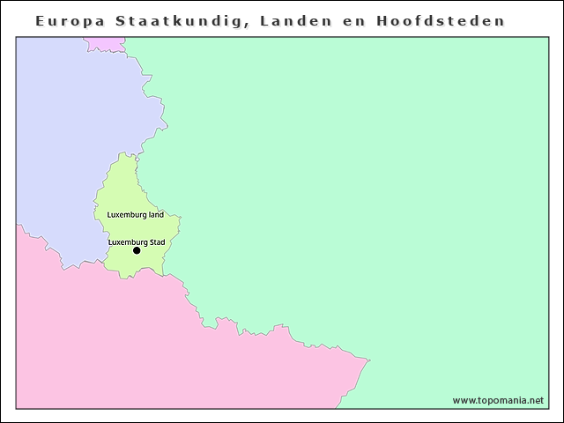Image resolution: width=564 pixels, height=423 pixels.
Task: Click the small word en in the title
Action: coord(352,20)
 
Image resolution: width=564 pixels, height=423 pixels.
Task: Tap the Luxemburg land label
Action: coord(135,214)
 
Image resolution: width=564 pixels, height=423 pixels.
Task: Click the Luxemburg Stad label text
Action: coord(137,241)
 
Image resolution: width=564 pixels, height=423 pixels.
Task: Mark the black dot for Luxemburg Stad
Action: coord(137,251)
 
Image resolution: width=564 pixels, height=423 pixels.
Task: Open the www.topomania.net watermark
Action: coord(498,400)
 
